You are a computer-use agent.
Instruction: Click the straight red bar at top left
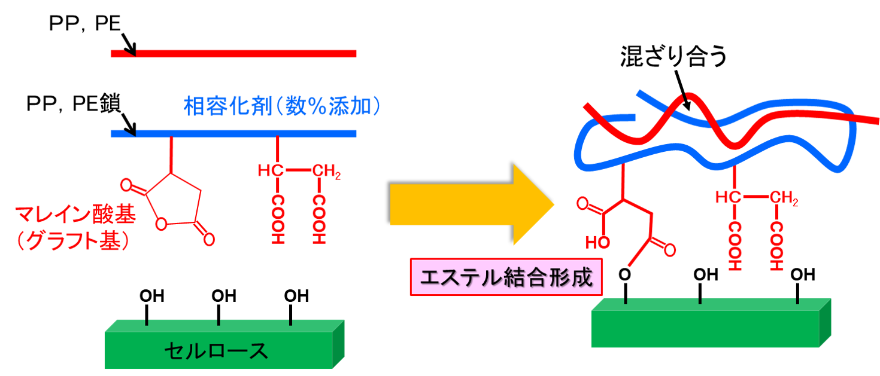[x=239, y=54]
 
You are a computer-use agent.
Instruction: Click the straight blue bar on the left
[x=239, y=134]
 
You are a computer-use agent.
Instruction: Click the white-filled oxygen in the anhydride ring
[x=160, y=225]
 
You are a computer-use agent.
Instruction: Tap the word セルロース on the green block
[x=216, y=351]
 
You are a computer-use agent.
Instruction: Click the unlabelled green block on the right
[x=706, y=326]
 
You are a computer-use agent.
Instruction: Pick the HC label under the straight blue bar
[x=269, y=171]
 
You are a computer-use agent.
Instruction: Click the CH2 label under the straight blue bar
[x=326, y=172]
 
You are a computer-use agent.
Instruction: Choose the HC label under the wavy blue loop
[x=727, y=197]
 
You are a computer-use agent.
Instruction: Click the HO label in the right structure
[x=597, y=242]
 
